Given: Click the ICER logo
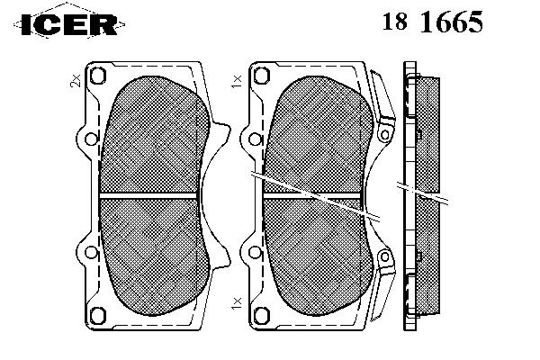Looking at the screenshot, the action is tap(69, 24).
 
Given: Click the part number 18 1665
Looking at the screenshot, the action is tap(433, 22).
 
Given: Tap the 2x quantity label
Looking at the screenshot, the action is tap(75, 80).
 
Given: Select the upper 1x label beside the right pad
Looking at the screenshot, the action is tap(237, 81).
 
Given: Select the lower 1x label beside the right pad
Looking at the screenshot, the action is tap(237, 302).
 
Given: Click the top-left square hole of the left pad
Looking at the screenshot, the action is tap(98, 76).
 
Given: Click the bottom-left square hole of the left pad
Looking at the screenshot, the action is tap(98, 315).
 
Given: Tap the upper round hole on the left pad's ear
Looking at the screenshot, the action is tap(91, 139).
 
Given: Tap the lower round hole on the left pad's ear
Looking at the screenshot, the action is tap(91, 253).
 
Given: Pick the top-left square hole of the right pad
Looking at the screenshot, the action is tap(262, 76).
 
